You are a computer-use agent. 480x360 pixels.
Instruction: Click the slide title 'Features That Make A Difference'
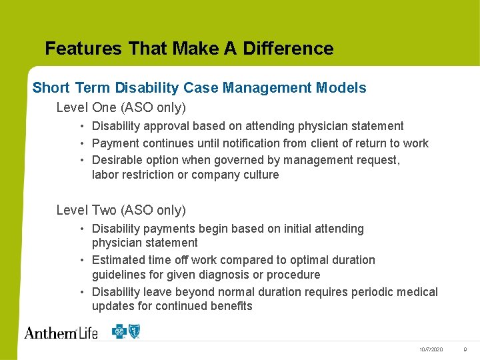(x=189, y=49)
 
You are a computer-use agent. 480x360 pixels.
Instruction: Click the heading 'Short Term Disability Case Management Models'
(x=199, y=88)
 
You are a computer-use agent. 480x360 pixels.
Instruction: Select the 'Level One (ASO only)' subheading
(x=121, y=107)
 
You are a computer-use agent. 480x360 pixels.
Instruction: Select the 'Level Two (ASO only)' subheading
(x=121, y=211)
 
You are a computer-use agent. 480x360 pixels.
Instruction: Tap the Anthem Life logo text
(x=61, y=332)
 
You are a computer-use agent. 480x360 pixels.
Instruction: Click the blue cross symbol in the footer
(x=119, y=331)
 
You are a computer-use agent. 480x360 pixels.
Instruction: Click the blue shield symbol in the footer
(x=135, y=331)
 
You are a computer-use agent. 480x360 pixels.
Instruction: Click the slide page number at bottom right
(x=465, y=349)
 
